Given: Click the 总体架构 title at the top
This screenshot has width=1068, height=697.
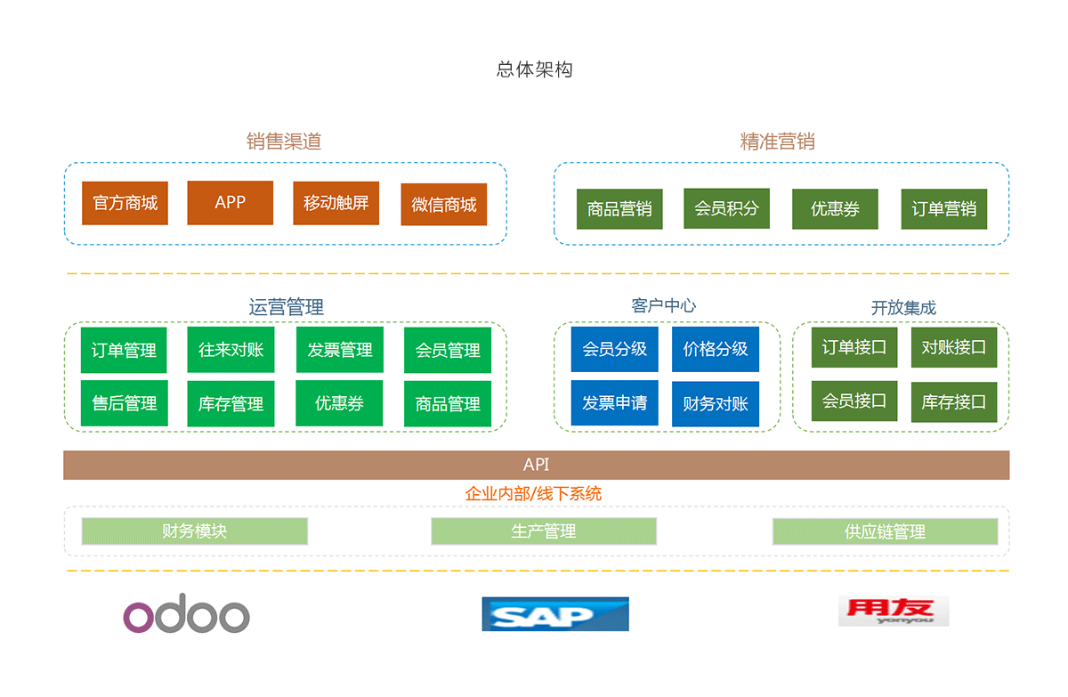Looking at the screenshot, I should click(534, 69).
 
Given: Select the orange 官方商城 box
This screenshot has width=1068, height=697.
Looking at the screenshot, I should click(125, 203).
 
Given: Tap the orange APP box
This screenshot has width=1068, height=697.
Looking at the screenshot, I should click(230, 202).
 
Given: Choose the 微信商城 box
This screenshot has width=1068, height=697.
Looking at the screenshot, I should click(443, 204).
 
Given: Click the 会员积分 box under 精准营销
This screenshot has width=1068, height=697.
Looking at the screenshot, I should click(726, 208).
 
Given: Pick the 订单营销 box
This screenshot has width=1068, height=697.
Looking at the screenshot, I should click(943, 209).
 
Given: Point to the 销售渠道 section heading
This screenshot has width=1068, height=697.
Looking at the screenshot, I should click(283, 141).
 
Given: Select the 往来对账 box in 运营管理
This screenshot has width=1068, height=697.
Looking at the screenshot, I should click(231, 350).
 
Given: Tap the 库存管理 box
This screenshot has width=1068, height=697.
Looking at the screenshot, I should click(231, 404).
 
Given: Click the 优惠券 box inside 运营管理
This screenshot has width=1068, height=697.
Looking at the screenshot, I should click(339, 403).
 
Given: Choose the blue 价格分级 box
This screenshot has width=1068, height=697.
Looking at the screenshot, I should click(715, 349).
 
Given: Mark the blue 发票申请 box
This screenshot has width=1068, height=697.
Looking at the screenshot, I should click(614, 403).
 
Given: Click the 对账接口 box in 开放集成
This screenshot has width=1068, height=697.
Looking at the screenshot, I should click(953, 347).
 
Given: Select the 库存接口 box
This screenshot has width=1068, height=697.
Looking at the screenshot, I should click(953, 401).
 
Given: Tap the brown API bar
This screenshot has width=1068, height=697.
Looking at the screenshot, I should click(536, 465).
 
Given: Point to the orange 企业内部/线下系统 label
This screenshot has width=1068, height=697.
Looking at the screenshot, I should click(533, 493).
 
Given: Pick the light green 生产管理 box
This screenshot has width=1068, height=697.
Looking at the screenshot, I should click(543, 531).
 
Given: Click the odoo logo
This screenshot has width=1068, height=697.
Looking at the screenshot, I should click(186, 613).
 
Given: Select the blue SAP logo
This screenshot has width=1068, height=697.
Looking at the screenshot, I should click(554, 613).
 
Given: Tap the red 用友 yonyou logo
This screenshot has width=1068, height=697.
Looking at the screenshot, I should click(893, 611).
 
